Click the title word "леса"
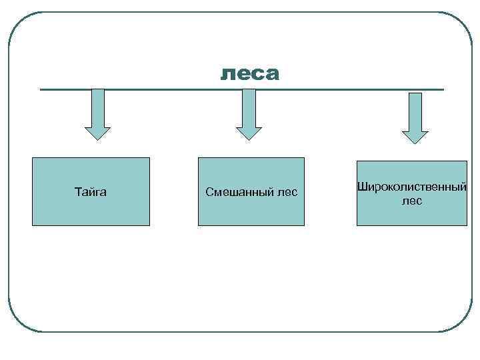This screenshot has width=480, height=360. point(250,74)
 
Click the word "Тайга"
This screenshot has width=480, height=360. point(91,193)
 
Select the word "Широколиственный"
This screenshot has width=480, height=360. point(411,187)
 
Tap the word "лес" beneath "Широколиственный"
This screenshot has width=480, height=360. point(412,201)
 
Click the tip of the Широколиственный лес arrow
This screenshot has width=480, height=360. point(415,142)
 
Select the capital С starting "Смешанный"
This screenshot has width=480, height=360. point(209,193)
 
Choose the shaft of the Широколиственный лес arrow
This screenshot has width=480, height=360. point(415,110)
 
